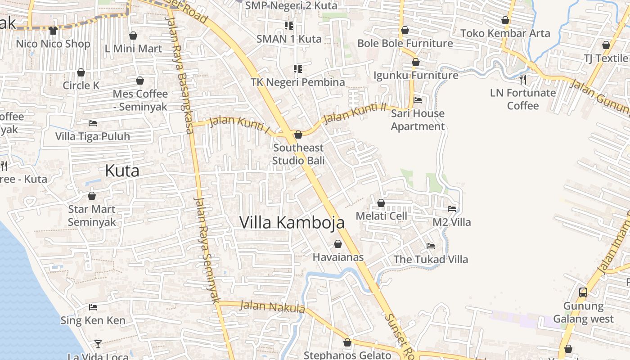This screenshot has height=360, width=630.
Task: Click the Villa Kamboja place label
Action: [292, 222]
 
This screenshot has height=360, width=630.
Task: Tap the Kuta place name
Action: [122, 171]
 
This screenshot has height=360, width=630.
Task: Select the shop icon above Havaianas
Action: [338, 244]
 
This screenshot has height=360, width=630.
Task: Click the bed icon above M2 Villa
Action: [452, 209]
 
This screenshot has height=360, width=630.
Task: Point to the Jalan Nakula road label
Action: [272, 307]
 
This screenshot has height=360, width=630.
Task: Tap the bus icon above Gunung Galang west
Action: [583, 292]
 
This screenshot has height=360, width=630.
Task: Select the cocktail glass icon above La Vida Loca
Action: [98, 344]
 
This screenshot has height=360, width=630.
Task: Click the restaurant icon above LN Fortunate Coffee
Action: [522, 80]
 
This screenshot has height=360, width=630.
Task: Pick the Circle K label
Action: [81, 85]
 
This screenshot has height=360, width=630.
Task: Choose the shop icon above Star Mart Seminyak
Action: [92, 196]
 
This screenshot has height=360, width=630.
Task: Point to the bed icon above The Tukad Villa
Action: [431, 246]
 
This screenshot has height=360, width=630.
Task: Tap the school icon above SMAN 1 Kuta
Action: [288, 26]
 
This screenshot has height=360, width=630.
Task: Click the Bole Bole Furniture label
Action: [405, 44]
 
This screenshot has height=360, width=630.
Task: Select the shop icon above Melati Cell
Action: [381, 203]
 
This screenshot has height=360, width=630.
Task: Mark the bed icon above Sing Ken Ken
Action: [93, 307]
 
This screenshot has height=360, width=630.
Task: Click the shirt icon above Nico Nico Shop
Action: [53, 31]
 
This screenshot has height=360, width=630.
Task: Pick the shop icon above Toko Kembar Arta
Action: [505, 20]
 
